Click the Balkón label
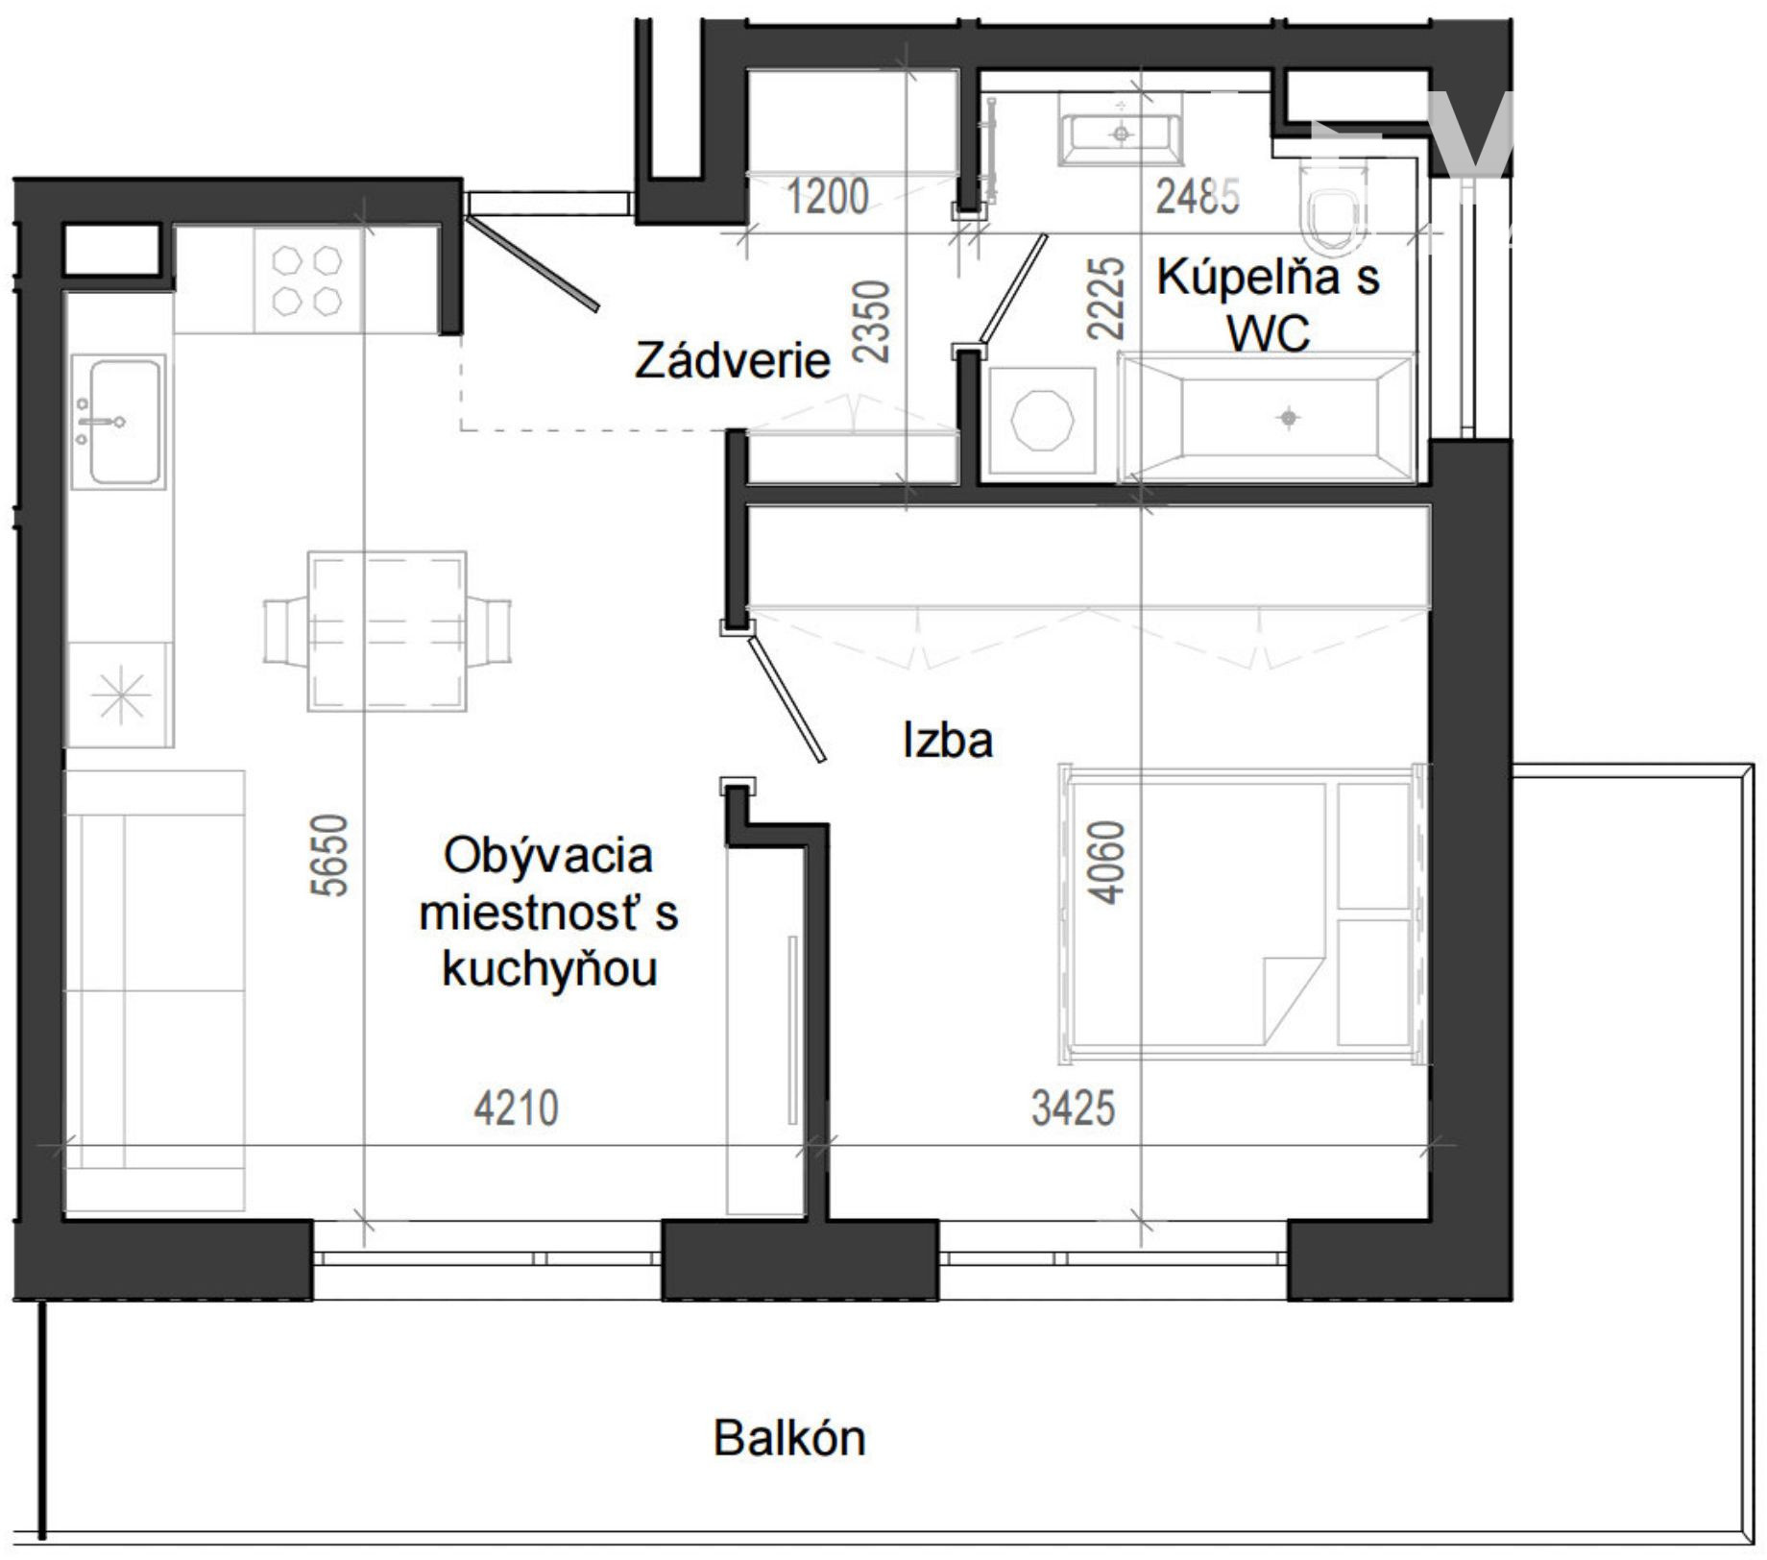(789, 1438)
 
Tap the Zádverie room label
(732, 360)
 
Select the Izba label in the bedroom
(947, 740)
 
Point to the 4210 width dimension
(516, 1109)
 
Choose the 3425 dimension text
(1073, 1109)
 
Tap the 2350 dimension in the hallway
(872, 321)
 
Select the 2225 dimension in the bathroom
(1105, 297)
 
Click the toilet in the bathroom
(1332, 203)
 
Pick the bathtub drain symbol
(1289, 418)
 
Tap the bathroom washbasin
(1121, 130)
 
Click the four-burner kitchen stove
(307, 280)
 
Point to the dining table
(386, 631)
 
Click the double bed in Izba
(1241, 914)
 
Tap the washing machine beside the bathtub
(1042, 421)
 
